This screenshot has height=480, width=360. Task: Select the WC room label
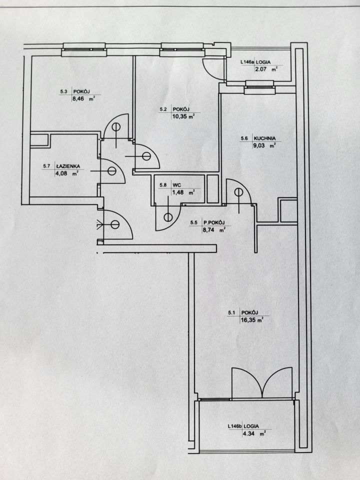pos(176,184)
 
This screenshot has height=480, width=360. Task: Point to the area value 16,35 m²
pos(251,321)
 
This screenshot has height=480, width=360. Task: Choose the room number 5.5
pos(195,222)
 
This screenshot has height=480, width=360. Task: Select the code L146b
pos(234,426)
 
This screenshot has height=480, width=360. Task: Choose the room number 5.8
pos(163,184)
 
